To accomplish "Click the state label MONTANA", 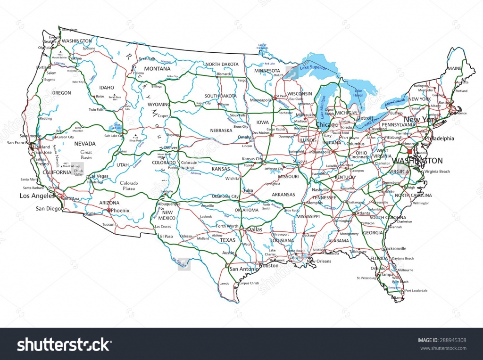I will [x=157, y=69].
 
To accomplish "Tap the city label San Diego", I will [x=49, y=208].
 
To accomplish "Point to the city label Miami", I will [x=397, y=298].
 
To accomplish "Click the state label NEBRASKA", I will [x=221, y=131].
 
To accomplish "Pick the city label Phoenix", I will [x=120, y=210].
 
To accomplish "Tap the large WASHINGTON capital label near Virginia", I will [x=417, y=161].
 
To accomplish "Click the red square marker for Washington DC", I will [x=409, y=152].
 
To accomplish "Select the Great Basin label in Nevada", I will [x=86, y=155].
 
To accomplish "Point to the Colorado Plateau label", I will [x=128, y=186].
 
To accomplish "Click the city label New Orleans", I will [x=319, y=261].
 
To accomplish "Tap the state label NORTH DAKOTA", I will [x=221, y=64].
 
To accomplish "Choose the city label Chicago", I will [x=327, y=125].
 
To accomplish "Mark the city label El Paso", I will [x=167, y=236].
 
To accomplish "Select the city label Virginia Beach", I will [x=436, y=171].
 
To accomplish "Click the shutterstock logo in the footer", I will [x=64, y=345].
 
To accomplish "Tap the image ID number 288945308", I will [x=453, y=340].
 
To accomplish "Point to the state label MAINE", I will [x=455, y=68].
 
